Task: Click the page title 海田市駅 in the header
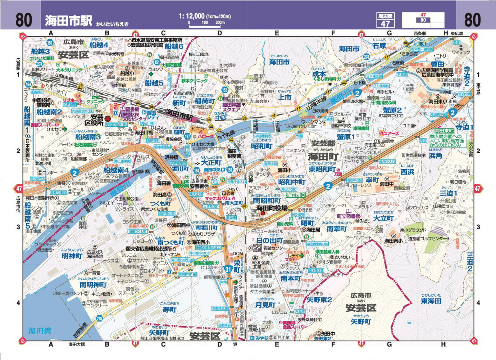[68, 20]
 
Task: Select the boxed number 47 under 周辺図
[385, 24]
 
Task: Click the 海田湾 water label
[40, 331]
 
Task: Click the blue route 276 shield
[100, 318]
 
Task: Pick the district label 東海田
[431, 301]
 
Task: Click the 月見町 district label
[265, 305]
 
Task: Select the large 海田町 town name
[323, 157]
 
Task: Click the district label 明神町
[72, 256]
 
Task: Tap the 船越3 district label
[40, 51]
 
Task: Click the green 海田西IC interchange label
[296, 195]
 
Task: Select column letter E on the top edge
[277, 33]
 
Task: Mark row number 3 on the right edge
[478, 227]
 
